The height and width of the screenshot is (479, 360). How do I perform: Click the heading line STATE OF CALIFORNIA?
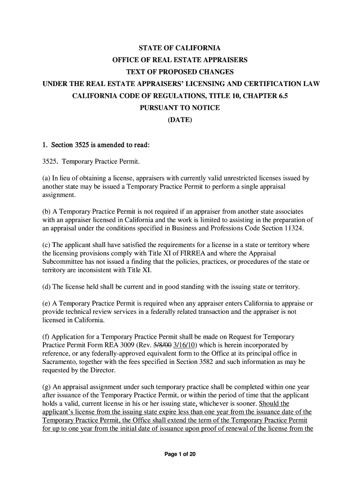coord(180,48)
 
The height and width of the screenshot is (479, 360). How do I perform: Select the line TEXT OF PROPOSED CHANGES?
coord(180,72)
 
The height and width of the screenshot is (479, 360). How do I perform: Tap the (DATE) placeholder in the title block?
coord(180,120)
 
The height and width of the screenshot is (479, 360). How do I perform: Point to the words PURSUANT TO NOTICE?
coord(180,108)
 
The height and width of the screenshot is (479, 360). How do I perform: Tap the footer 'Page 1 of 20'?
coord(180,454)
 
